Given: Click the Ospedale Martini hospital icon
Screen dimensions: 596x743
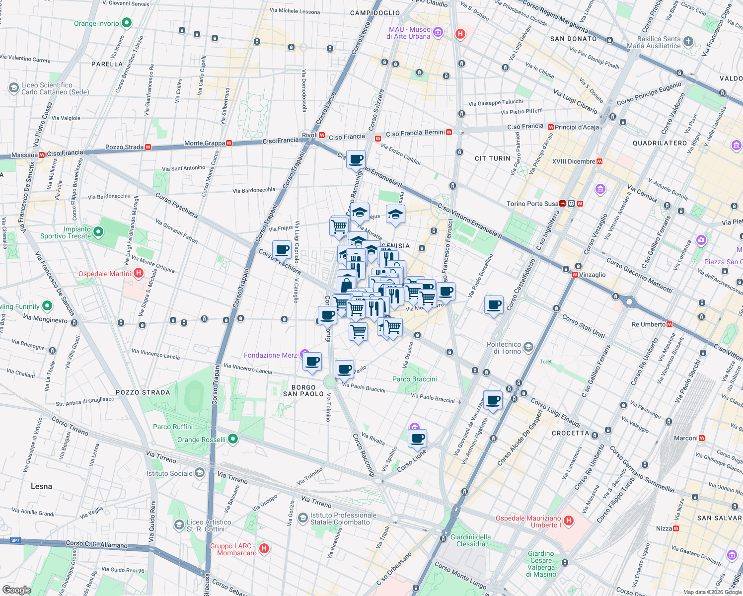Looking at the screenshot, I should click(x=139, y=273).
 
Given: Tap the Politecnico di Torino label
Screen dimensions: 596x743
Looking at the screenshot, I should click(x=504, y=348).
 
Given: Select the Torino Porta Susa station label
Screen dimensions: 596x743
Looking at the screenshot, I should click(x=532, y=204).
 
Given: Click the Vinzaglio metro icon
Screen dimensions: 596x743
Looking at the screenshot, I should click(x=575, y=275).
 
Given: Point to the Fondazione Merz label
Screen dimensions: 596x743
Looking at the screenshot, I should click(x=270, y=355).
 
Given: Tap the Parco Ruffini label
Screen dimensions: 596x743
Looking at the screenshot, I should click(x=172, y=427).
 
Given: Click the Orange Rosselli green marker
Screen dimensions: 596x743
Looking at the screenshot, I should click(x=232, y=439).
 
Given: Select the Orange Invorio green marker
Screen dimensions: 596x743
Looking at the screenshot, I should click(x=127, y=23).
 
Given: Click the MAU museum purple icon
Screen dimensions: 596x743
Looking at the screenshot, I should click(x=438, y=33).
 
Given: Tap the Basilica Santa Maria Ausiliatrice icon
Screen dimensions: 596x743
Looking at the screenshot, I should click(x=688, y=42).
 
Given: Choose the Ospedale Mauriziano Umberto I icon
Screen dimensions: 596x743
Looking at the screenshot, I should click(x=569, y=521).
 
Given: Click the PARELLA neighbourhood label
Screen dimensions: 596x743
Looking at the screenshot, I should click(x=107, y=64).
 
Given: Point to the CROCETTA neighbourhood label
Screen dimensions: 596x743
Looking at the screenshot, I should click(x=570, y=433).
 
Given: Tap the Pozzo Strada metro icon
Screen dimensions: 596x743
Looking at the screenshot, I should click(x=148, y=147).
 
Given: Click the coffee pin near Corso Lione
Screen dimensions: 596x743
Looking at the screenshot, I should click(x=417, y=439).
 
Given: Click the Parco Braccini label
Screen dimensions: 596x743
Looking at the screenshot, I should click(x=414, y=379).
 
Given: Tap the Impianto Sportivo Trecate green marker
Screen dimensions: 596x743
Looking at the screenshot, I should click(x=98, y=231).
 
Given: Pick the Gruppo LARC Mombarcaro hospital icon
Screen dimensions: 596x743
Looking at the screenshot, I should click(x=264, y=548).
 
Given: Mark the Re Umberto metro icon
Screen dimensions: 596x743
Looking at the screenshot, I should click(x=669, y=324).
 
